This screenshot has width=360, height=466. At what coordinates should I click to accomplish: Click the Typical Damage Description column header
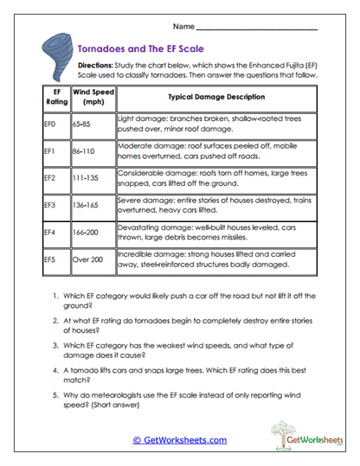(216, 98)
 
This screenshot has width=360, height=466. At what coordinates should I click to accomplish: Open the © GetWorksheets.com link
(180, 440)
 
